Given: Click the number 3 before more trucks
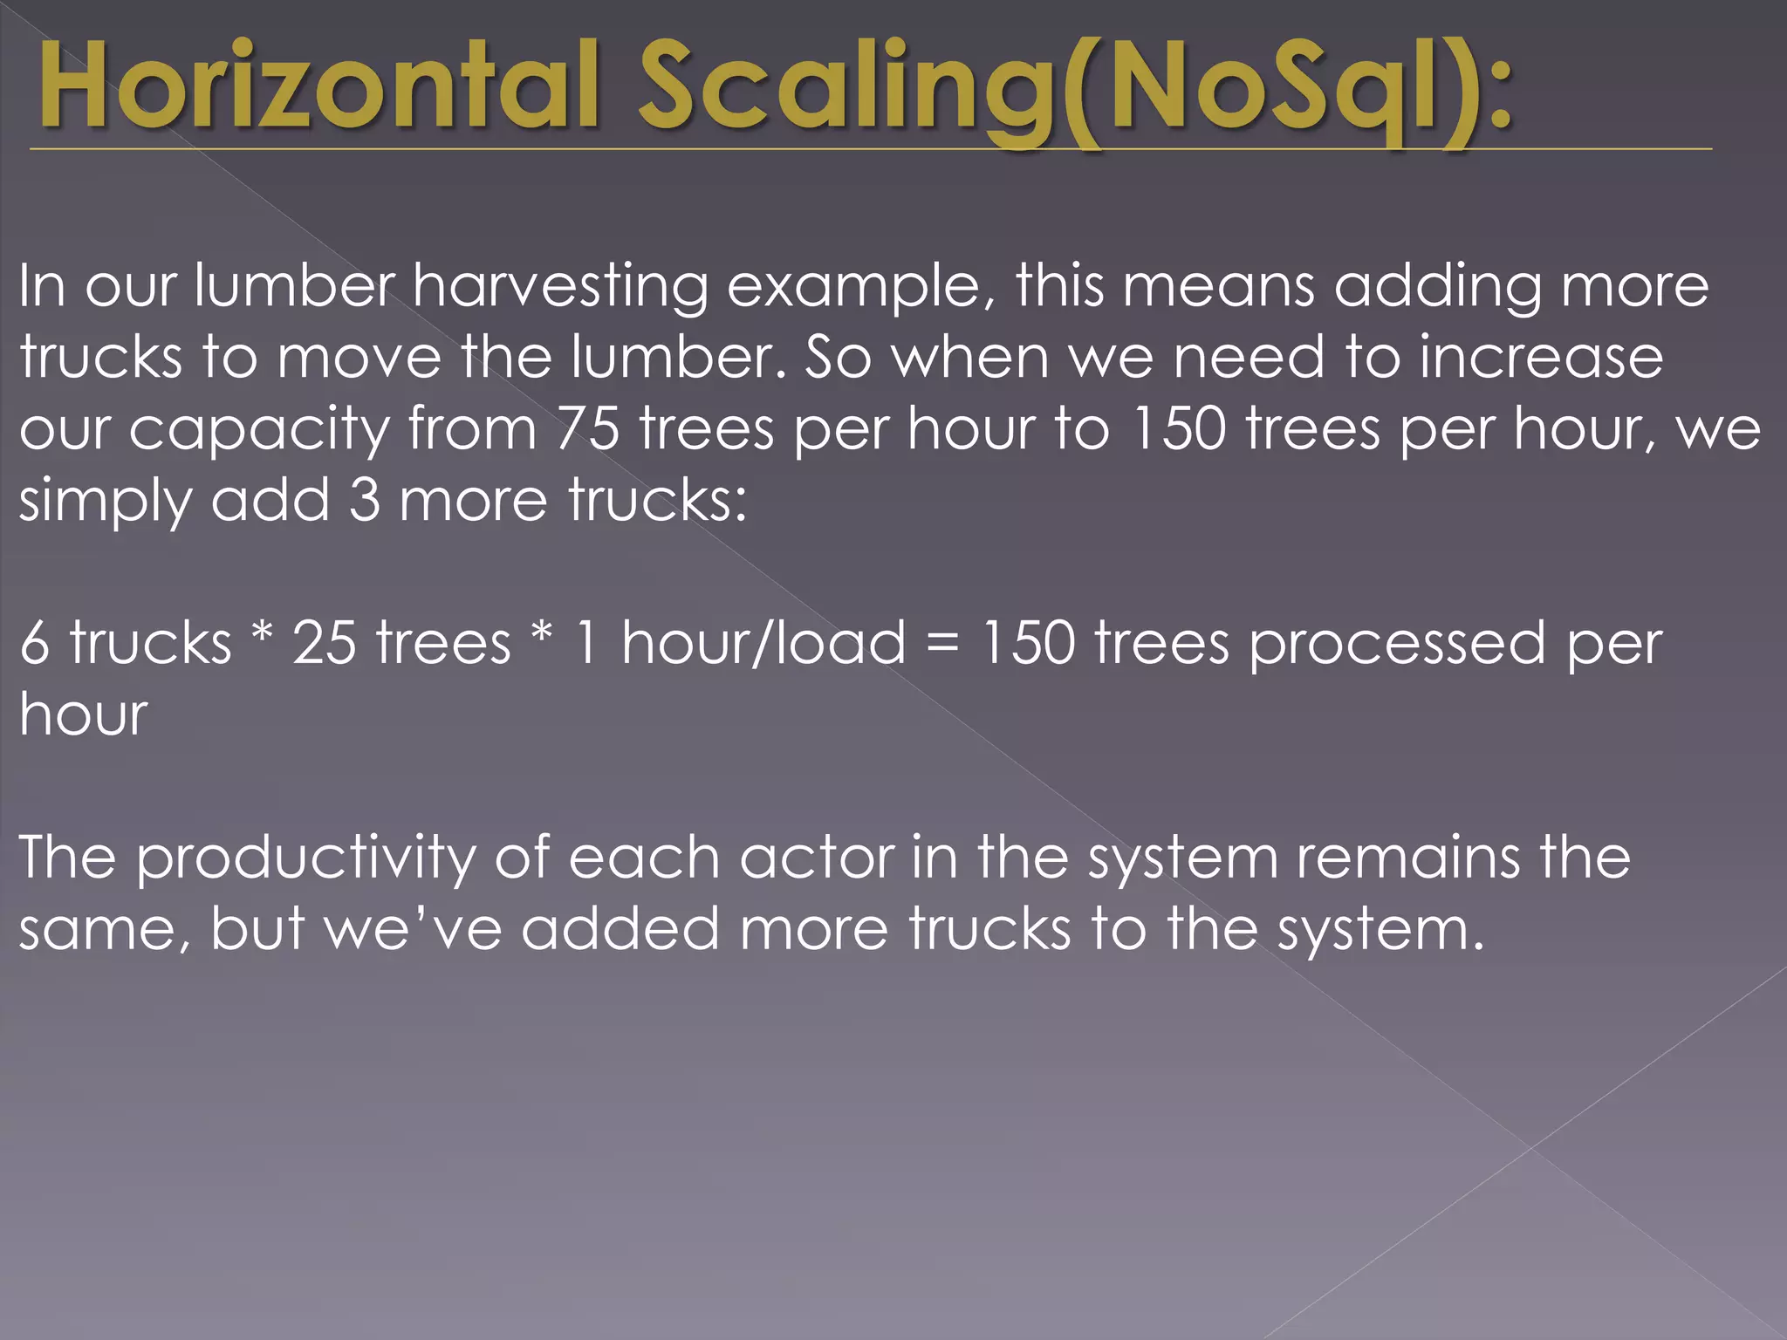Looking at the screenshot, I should (x=365, y=500).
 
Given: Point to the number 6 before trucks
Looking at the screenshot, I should (x=34, y=643).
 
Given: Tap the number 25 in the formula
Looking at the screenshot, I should (x=324, y=643).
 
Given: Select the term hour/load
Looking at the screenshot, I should (x=763, y=643).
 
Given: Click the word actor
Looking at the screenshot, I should (x=817, y=858).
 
